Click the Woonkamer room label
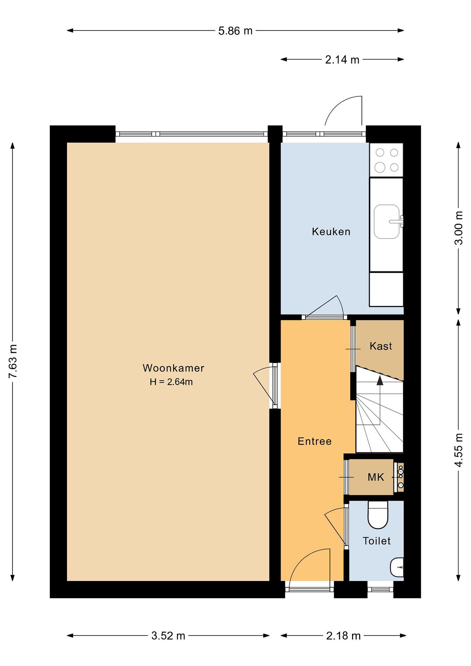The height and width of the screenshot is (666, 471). pos(173,368)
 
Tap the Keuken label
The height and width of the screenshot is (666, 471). pos(331,231)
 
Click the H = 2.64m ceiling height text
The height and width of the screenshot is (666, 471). pos(171,382)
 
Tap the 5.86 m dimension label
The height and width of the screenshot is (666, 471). pos(235,31)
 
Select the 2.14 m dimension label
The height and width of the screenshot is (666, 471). pos(342,60)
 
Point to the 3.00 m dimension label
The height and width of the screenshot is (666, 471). pos(459,228)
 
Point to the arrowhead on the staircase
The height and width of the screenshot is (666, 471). pos(380,380)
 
